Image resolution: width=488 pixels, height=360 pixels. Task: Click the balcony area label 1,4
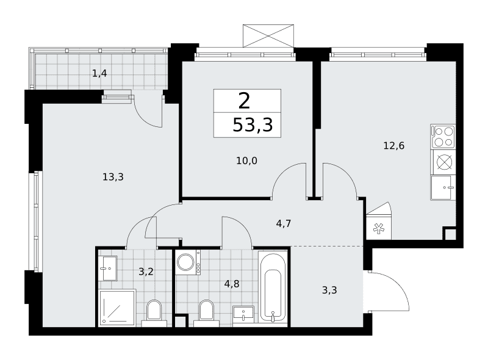tap(99, 73)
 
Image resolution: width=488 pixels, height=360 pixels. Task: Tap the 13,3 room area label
tap(113, 177)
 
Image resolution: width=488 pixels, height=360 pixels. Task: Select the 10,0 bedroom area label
tap(247, 161)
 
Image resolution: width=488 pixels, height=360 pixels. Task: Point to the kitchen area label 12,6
tap(393, 146)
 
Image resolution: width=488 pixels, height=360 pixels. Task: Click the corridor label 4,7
tap(284, 223)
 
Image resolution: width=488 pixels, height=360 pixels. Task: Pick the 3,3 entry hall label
tap(329, 290)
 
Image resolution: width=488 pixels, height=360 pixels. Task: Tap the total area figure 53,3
tap(253, 125)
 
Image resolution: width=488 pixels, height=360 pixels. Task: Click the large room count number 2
tap(245, 101)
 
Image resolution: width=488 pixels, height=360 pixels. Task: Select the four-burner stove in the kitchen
tap(443, 137)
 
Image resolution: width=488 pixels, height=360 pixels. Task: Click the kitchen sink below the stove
tap(443, 187)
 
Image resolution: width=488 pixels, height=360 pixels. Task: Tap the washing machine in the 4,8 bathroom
tap(188, 262)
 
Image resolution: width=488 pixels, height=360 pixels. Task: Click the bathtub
tap(273, 287)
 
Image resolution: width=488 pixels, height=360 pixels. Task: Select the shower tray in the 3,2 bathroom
tap(117, 308)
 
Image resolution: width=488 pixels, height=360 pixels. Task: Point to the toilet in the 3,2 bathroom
tap(154, 313)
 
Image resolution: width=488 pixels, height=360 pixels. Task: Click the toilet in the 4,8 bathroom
tap(206, 313)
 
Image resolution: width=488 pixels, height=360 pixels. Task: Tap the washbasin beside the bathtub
tap(243, 314)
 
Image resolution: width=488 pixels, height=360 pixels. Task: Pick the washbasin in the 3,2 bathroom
tap(108, 268)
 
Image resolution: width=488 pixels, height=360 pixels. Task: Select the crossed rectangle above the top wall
tap(268, 36)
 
